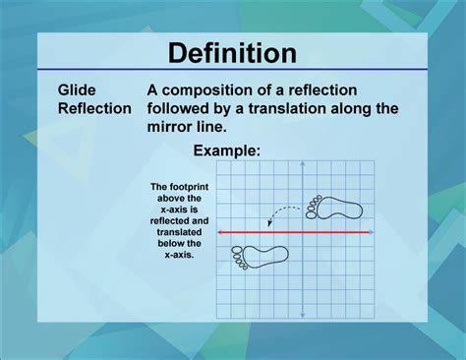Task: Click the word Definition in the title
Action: coord(232,52)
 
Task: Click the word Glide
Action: coord(75,90)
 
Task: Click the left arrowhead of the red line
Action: coord(220,232)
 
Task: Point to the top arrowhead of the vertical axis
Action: coord(303,164)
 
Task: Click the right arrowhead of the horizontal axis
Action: coord(370,232)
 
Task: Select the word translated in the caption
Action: coord(177,233)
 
